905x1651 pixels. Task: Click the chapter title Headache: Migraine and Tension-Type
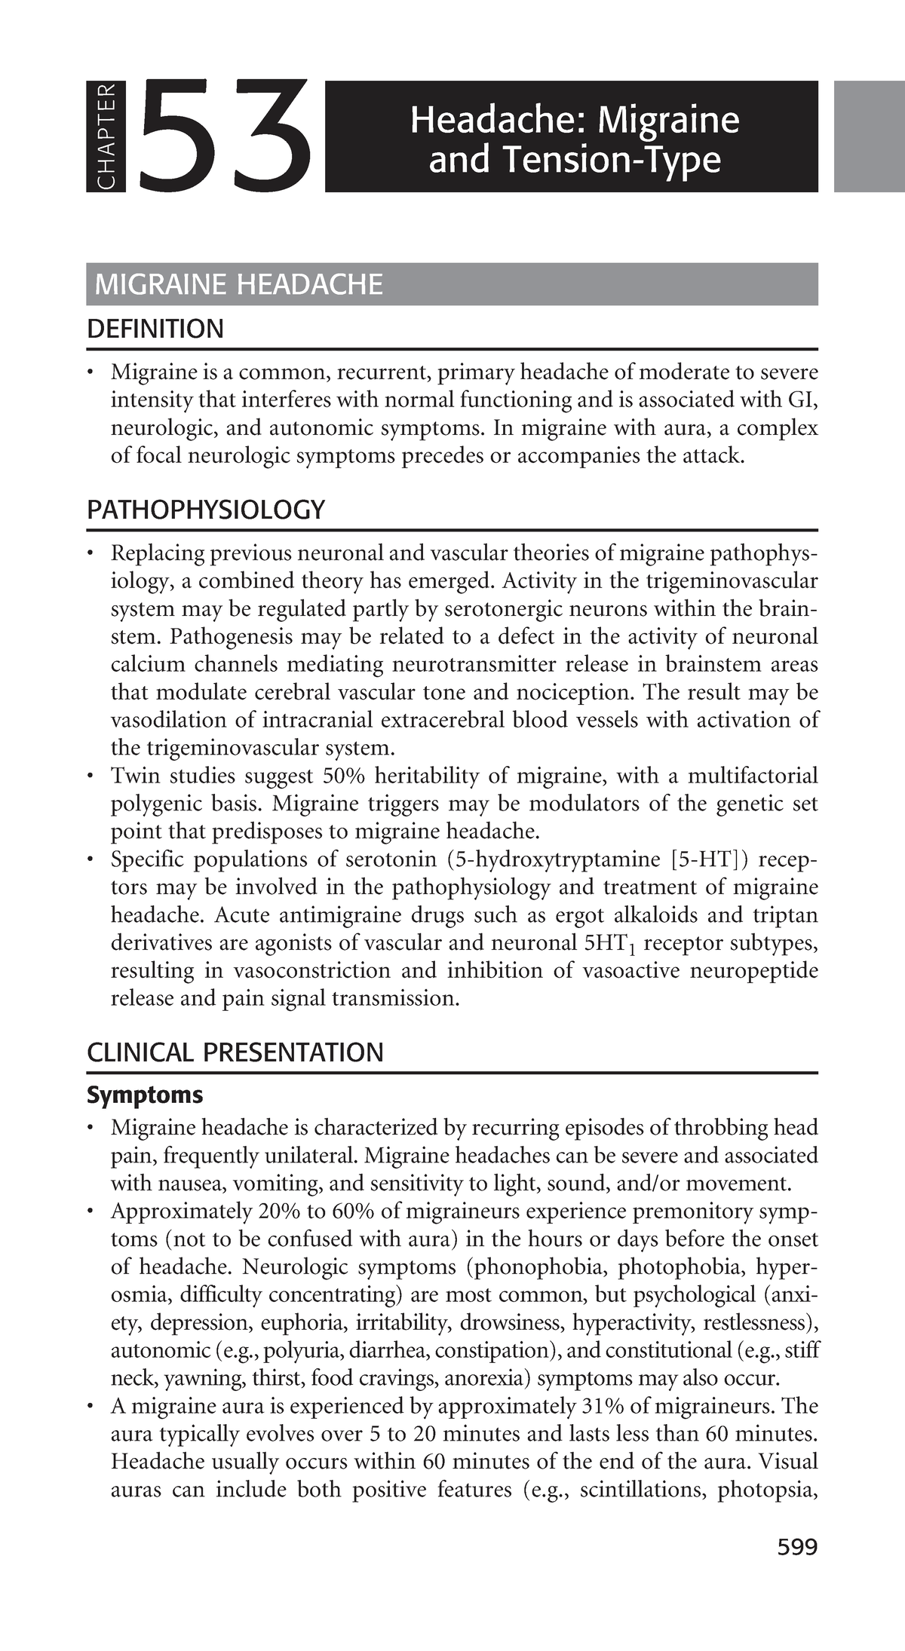(x=574, y=140)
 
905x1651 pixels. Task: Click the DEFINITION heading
(x=155, y=329)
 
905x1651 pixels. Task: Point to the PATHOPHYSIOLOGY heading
(x=205, y=510)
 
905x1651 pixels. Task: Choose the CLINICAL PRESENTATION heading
(x=235, y=1052)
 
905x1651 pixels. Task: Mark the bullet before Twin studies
(x=91, y=776)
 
